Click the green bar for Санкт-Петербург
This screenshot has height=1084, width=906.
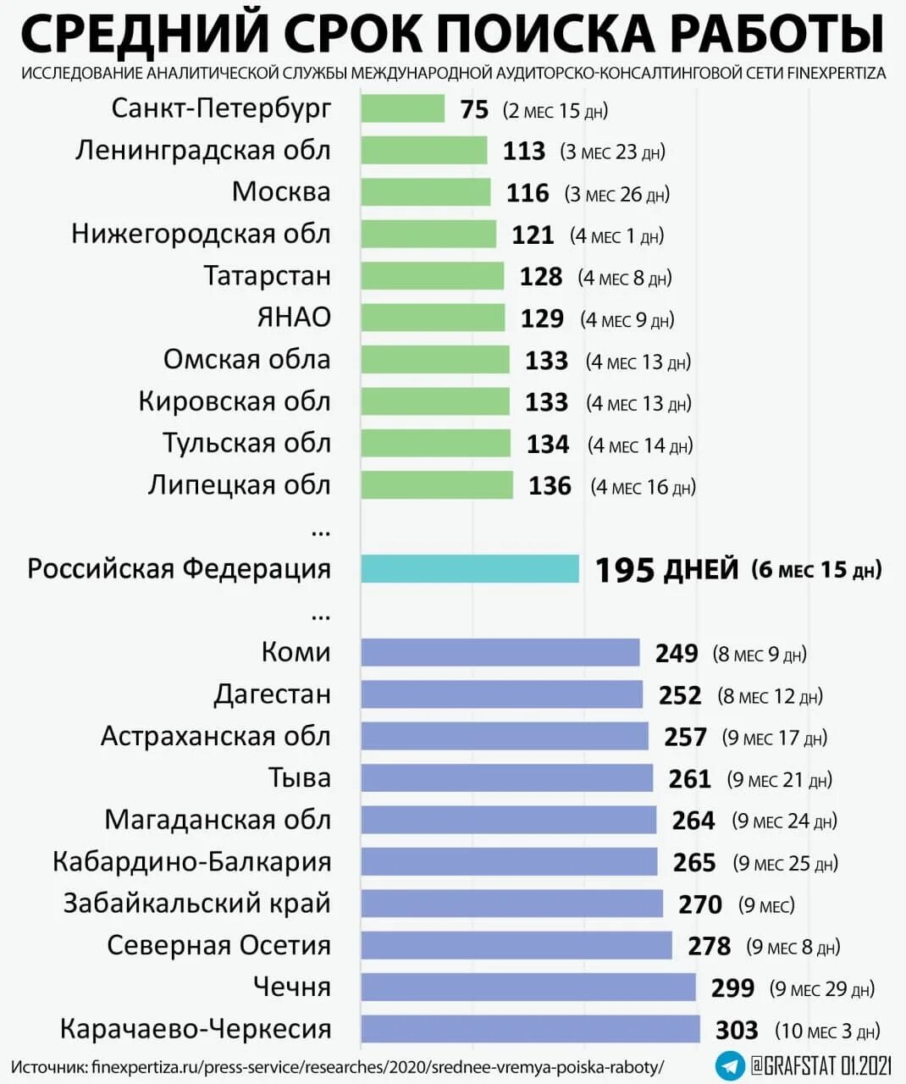tap(402, 109)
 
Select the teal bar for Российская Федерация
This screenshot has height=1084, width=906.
tap(470, 569)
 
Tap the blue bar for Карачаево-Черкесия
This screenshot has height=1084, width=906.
tap(530, 1029)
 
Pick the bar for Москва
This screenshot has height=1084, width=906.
tap(425, 192)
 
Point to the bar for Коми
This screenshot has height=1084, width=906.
tap(500, 653)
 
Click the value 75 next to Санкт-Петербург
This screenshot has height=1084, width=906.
tap(474, 110)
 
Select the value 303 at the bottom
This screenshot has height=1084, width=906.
tap(737, 1030)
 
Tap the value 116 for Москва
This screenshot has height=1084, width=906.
tap(528, 193)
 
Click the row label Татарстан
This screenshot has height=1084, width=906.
tap(267, 276)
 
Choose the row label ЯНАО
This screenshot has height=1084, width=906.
tap(294, 318)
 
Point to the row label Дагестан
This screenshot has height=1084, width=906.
tap(272, 694)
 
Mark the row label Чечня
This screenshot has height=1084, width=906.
tap(292, 987)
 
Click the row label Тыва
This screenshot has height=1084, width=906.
tap(299, 778)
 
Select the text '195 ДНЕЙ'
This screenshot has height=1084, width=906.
tap(666, 570)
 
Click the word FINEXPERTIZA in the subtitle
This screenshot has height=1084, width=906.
tap(837, 74)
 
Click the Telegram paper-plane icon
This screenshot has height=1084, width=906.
tap(729, 1065)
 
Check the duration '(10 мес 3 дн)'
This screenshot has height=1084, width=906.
tap(827, 1031)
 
